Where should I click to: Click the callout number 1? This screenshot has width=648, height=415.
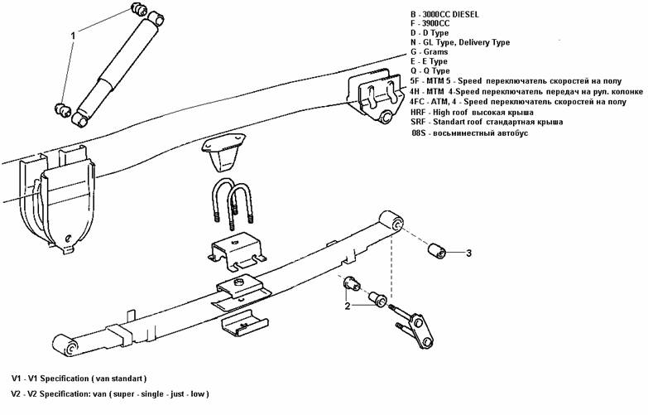(x=74, y=36)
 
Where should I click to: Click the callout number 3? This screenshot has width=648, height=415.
(x=468, y=253)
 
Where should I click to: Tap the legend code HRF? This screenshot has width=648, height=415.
(x=419, y=112)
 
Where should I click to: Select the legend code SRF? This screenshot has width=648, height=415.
(x=418, y=122)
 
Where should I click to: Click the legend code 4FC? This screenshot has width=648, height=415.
(x=419, y=101)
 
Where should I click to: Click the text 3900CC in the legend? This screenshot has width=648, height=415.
(x=435, y=24)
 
